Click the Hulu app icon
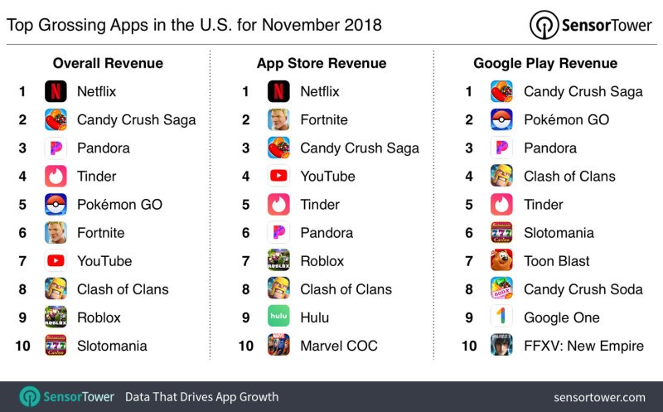tap(278, 317)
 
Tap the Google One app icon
tap(501, 317)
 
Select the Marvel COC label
tap(339, 346)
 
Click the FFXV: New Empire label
tap(583, 346)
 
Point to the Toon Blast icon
tap(501, 261)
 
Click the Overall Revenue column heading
tap(108, 63)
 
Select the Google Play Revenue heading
tap(545, 63)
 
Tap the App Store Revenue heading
tap(321, 63)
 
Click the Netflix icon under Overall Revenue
tap(56, 91)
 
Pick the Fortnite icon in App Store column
tap(278, 119)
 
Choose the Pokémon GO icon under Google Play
tap(501, 119)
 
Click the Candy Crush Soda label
tap(583, 289)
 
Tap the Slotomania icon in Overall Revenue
tap(56, 346)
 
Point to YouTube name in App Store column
tap(327, 176)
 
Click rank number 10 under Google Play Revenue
tap(469, 346)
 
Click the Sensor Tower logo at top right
tap(591, 25)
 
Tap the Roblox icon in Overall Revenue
tap(56, 317)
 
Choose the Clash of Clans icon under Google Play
tap(501, 176)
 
